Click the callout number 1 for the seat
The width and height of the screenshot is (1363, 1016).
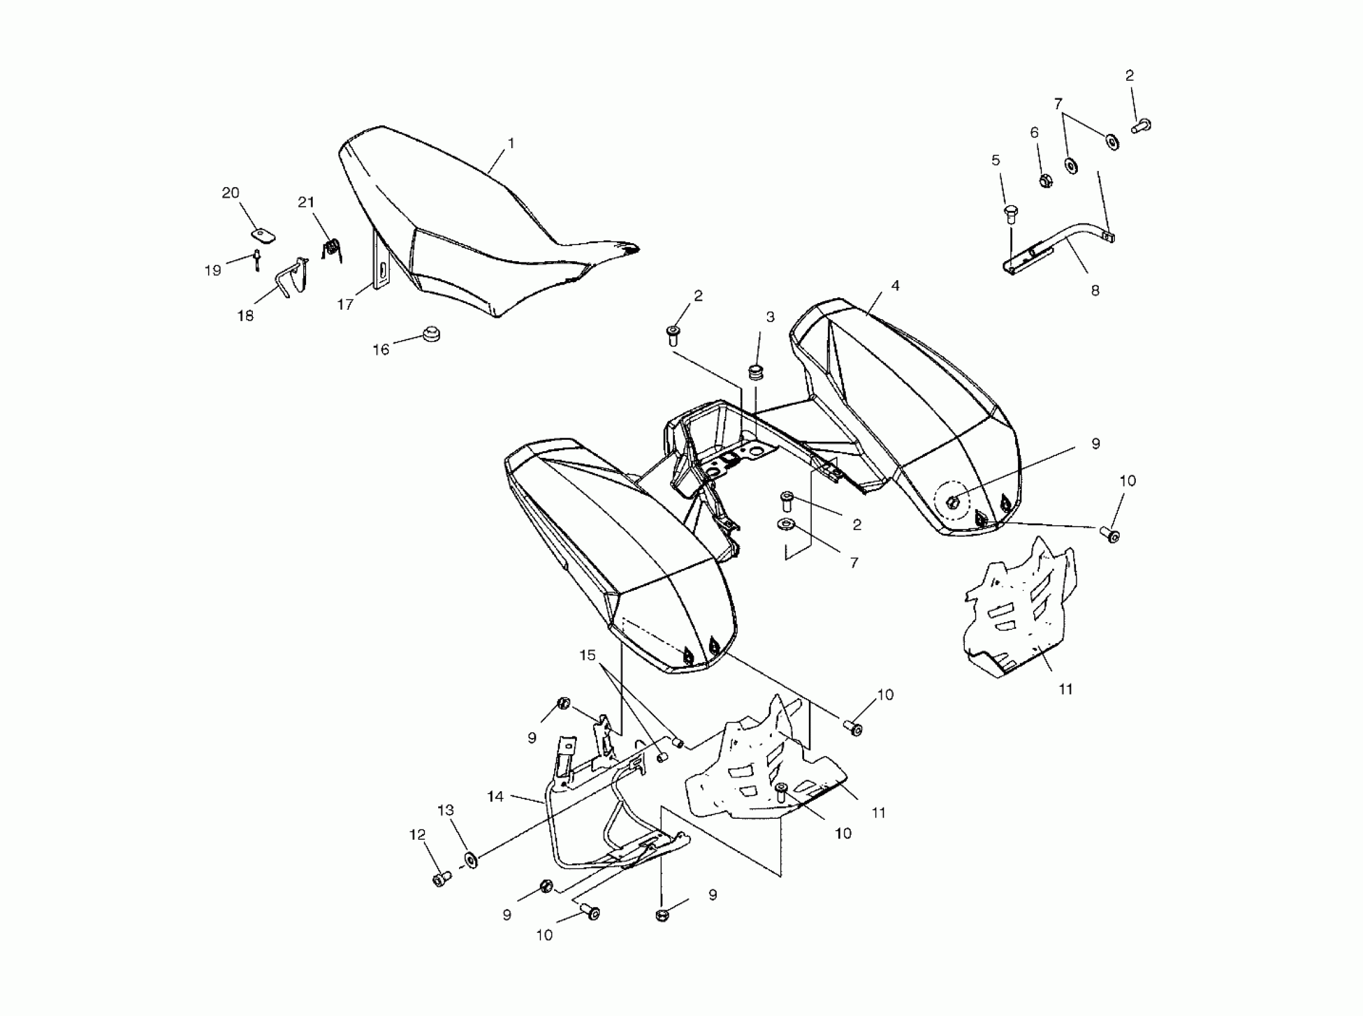click(x=511, y=143)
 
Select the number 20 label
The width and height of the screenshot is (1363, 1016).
click(x=230, y=193)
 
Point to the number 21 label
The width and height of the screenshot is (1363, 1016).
click(x=306, y=203)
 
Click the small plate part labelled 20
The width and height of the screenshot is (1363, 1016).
click(x=264, y=236)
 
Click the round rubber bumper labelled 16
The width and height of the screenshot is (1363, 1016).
click(x=430, y=335)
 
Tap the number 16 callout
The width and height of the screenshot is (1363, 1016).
click(x=381, y=350)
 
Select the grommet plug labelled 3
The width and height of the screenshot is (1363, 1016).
click(x=754, y=372)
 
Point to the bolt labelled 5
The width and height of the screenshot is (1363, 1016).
click(x=1010, y=214)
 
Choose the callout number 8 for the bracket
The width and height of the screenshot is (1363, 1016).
click(x=1095, y=290)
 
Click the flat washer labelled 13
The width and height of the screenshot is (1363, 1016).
click(x=470, y=859)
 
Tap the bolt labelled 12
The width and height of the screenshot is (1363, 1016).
click(x=441, y=880)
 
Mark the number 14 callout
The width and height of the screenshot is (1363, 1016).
click(x=495, y=797)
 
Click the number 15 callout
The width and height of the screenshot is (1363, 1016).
click(x=588, y=656)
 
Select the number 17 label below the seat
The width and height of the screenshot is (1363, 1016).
click(x=345, y=304)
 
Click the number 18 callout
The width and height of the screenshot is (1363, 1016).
click(x=246, y=316)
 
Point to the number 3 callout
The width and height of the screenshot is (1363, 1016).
click(x=770, y=317)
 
